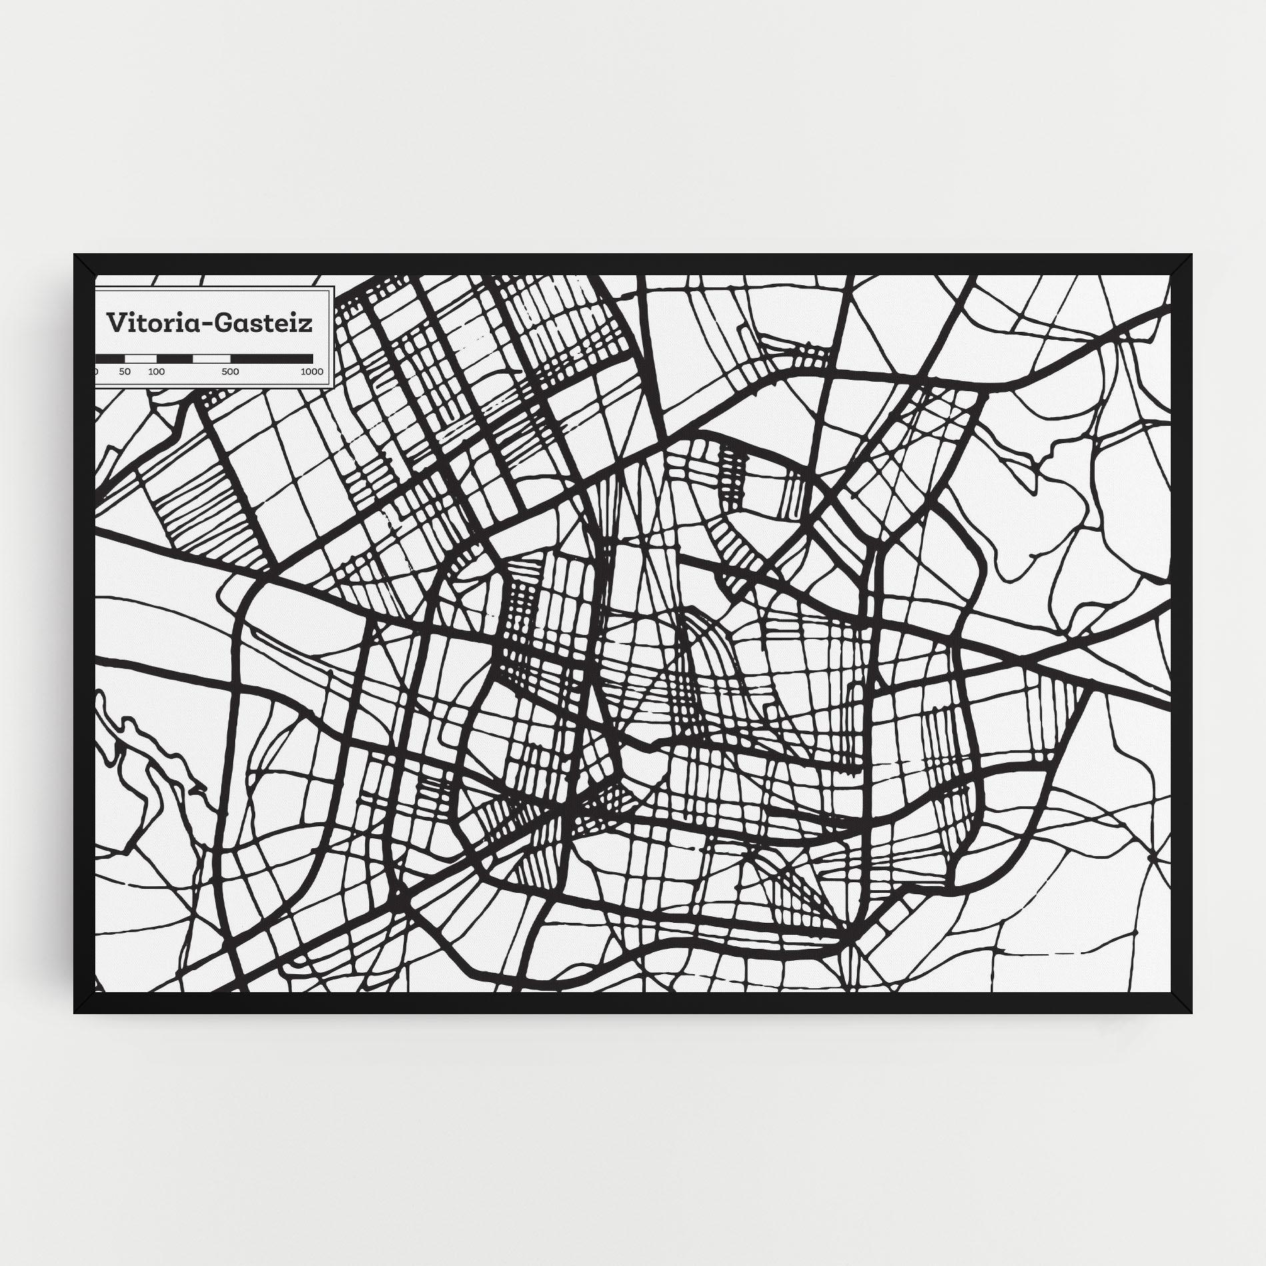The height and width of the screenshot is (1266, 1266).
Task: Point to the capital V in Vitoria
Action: [x=115, y=322]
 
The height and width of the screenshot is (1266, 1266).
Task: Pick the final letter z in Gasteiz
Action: [x=307, y=324]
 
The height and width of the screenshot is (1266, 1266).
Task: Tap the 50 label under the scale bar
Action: [x=125, y=371]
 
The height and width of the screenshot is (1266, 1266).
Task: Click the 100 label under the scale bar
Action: [x=157, y=371]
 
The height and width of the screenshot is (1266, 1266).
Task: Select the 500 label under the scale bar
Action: [x=230, y=371]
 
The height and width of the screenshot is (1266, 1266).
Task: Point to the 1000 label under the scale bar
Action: [x=312, y=371]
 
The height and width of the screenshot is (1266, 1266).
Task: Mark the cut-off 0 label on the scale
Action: [x=97, y=371]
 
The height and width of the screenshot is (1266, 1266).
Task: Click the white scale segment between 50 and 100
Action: [x=141, y=358]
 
